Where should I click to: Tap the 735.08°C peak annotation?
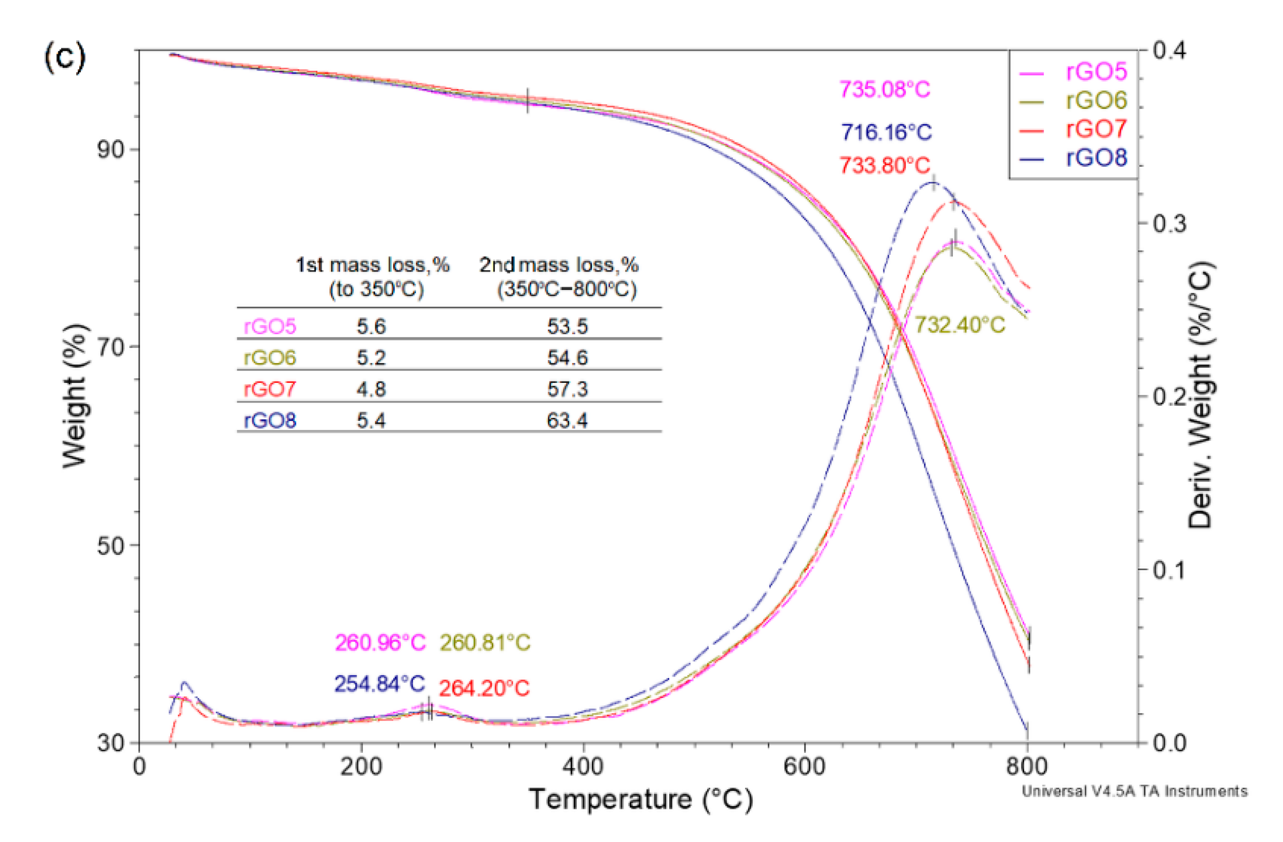[x=885, y=90]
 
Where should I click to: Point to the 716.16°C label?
[x=886, y=132]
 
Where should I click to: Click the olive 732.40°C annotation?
[x=960, y=325]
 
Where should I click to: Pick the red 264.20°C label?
[x=484, y=688]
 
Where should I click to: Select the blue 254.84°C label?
[x=379, y=684]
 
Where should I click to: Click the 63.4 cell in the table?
[x=567, y=420]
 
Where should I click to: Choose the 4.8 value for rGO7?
[x=371, y=389]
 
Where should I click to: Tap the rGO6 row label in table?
[x=269, y=358]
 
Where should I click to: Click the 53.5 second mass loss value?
[x=567, y=326]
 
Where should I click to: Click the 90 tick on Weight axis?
[x=111, y=149]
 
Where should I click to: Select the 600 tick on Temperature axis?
[x=804, y=766]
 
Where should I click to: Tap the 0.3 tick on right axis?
[x=1169, y=223]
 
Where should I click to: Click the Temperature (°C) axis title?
[x=640, y=799]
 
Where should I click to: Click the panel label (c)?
[x=64, y=57]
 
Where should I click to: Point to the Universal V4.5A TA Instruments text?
[x=1134, y=791]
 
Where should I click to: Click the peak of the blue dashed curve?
[x=932, y=183]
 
